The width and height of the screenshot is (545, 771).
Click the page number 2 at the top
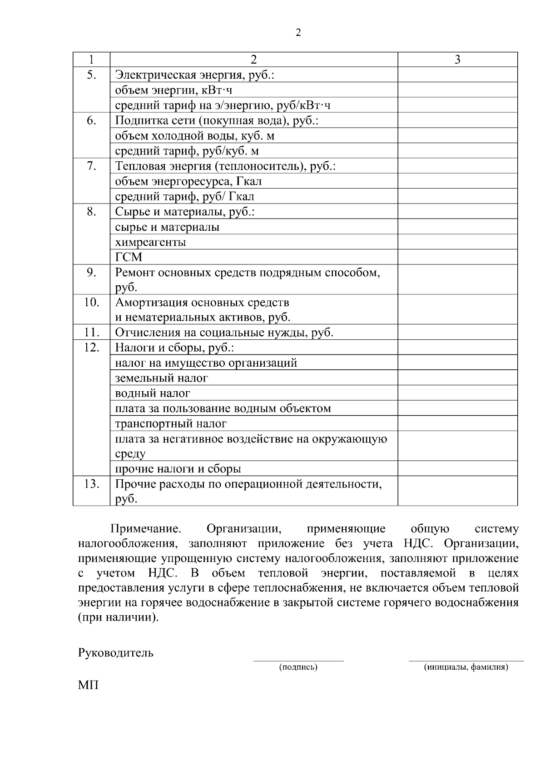[298, 33]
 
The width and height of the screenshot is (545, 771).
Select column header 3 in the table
[457, 60]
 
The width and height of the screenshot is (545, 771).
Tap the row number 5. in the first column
[91, 75]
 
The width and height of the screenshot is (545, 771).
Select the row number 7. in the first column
[91, 166]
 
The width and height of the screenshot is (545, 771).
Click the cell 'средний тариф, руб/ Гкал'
[184, 196]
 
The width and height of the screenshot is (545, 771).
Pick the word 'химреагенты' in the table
[150, 242]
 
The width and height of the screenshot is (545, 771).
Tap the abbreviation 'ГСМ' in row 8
[129, 257]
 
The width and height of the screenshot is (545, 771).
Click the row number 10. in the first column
[91, 302]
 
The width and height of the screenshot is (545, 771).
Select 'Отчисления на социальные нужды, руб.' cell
[224, 333]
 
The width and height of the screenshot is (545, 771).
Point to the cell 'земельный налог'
[162, 378]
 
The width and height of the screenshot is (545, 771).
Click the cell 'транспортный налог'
[171, 423]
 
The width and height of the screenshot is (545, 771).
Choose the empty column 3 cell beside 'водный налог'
[457, 393]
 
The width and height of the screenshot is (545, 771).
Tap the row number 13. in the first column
[91, 484]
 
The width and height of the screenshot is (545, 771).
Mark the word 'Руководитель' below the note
[116, 653]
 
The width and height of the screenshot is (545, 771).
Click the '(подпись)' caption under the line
[298, 667]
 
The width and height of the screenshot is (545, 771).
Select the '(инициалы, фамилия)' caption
[466, 667]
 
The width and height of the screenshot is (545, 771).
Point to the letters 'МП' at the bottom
[88, 685]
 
